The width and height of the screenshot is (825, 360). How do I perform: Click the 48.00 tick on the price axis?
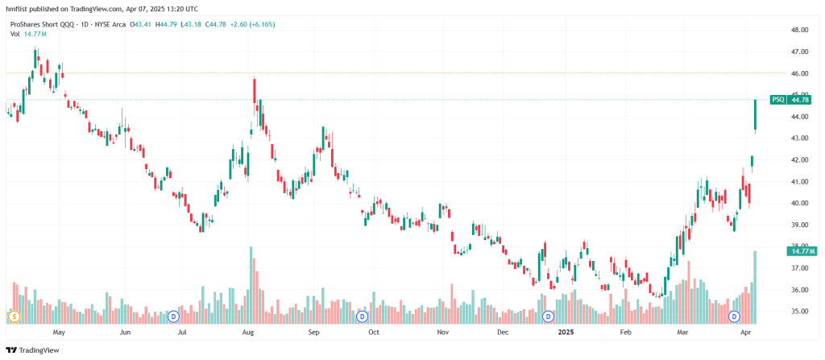(800, 30)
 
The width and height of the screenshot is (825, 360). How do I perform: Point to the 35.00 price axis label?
(800, 311)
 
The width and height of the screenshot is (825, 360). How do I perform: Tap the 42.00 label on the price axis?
(800, 159)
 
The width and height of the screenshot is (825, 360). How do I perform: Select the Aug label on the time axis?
(248, 331)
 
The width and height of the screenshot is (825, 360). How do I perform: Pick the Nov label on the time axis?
(442, 331)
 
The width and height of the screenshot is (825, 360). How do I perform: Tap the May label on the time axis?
(58, 331)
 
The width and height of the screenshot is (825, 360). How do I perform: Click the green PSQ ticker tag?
(777, 100)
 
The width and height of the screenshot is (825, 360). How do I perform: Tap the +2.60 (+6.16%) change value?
(251, 24)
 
